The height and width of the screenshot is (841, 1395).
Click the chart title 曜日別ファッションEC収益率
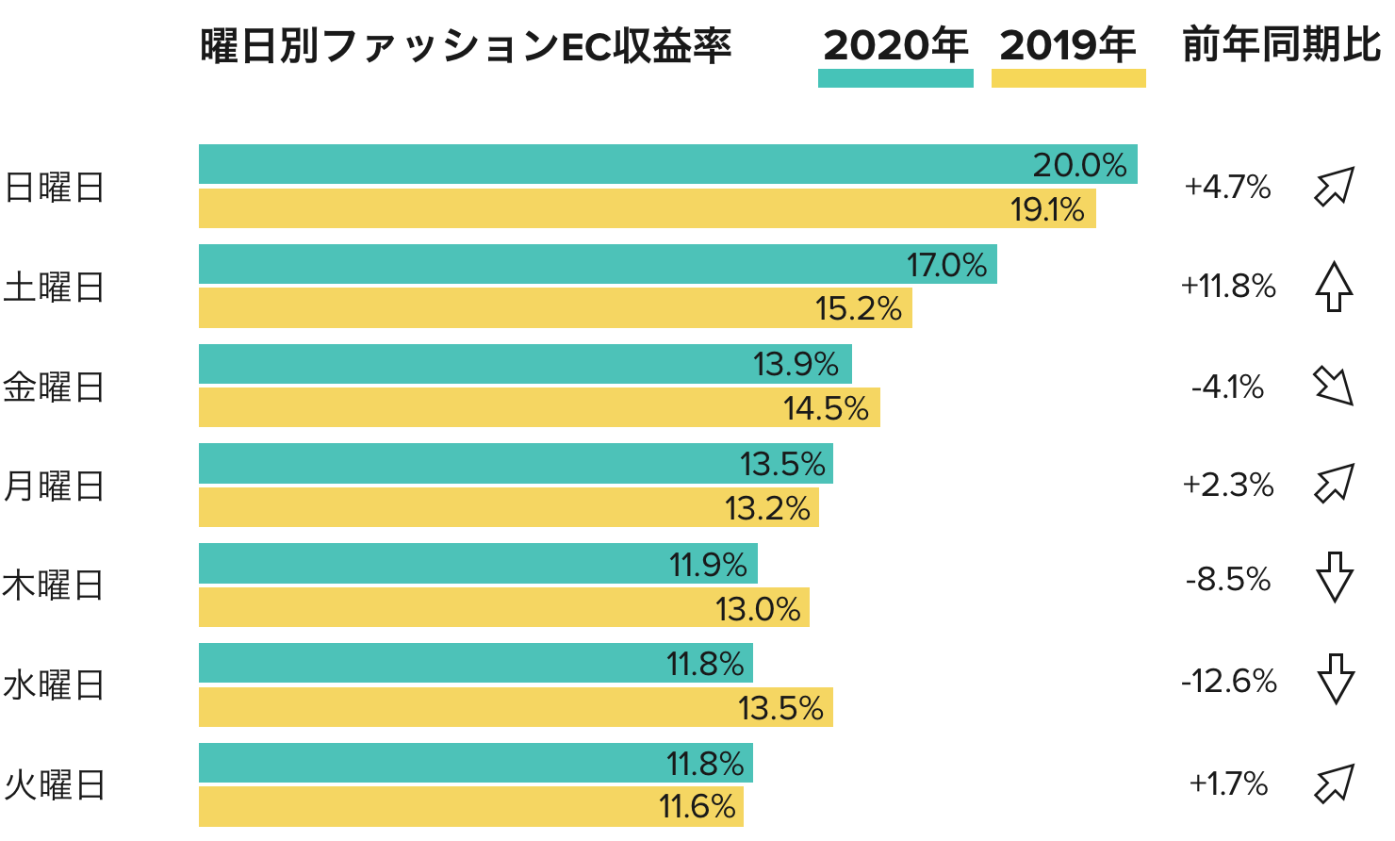[466, 46]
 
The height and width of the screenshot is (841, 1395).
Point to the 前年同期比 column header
[1281, 46]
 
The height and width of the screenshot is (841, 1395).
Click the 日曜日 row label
[54, 188]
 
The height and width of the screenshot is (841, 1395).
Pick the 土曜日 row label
[54, 288]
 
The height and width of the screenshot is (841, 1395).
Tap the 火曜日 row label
[54, 785]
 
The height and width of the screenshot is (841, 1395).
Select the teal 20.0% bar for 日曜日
[613, 164]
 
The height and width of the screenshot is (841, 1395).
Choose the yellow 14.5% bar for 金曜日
[490, 408]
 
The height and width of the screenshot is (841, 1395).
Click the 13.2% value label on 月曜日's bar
[767, 508]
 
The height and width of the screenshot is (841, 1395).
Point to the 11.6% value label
[697, 807]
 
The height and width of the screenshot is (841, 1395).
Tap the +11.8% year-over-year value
[1228, 286]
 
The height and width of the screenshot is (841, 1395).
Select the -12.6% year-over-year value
[1228, 681]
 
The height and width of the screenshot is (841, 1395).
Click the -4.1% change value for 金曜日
[1227, 387]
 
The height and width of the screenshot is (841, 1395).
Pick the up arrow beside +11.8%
[1334, 287]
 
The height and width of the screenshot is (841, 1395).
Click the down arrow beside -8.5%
[1335, 577]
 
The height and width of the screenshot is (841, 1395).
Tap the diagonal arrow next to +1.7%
[1335, 783]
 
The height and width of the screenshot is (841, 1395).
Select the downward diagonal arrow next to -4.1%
[1334, 386]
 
